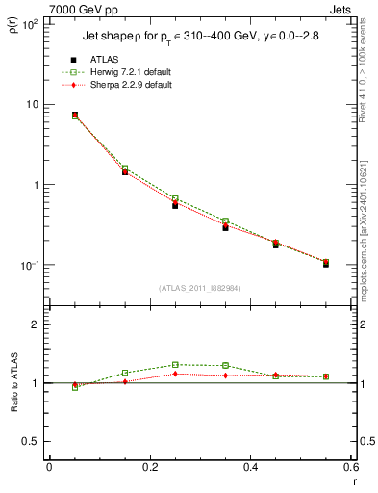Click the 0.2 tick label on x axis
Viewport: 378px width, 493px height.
pos(149,467)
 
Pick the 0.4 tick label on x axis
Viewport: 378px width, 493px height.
pos(250,467)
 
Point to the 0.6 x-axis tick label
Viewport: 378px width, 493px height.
pos(351,467)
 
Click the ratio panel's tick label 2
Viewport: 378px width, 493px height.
pos(36,325)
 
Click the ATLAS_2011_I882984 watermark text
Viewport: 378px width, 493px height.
pos(199,287)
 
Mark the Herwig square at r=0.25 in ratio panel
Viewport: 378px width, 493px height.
pos(175,365)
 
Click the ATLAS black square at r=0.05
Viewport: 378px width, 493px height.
pos(75,115)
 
